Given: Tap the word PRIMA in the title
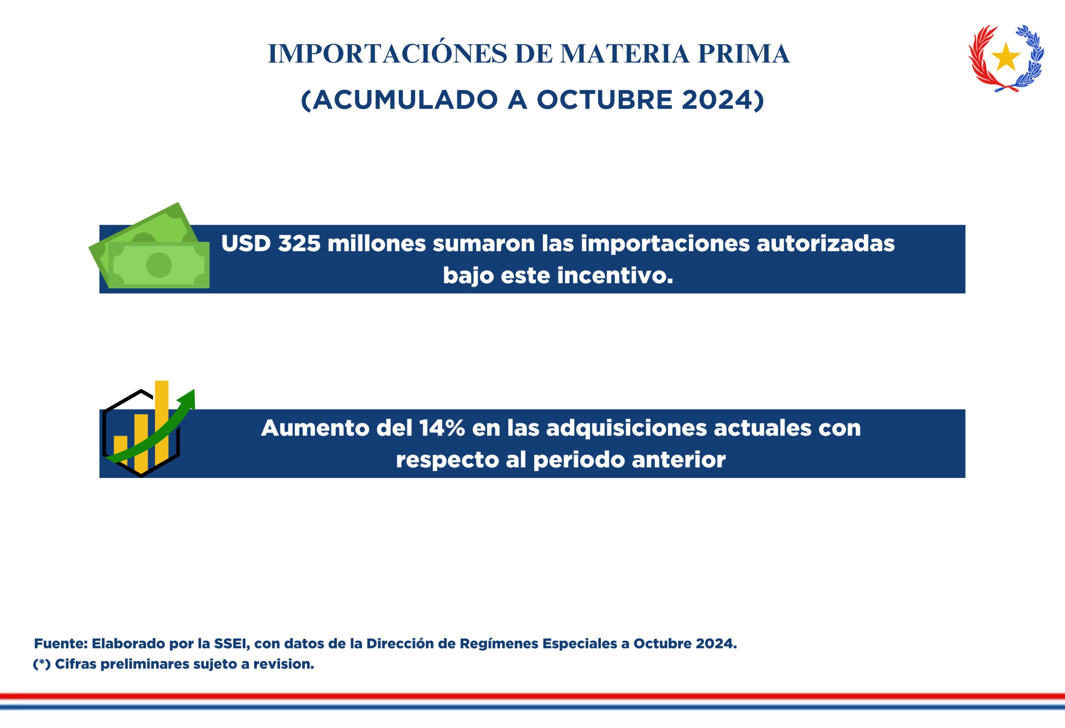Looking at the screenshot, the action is [x=743, y=54].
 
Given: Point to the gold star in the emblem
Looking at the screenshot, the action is [x=1006, y=57].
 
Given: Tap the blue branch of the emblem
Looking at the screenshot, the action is [x=1029, y=57].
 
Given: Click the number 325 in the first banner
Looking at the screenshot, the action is [x=299, y=243].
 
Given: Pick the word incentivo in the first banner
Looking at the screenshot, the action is [x=615, y=275].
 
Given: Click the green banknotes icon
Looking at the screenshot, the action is [x=149, y=245].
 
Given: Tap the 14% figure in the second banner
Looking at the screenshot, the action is [x=442, y=428].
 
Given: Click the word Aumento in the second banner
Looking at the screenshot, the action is [x=315, y=428].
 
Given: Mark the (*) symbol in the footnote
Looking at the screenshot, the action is [x=42, y=664].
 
